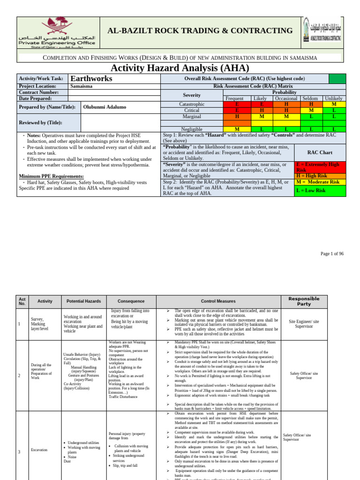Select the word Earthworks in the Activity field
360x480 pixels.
click(x=91, y=78)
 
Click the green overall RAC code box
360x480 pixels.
click(x=337, y=78)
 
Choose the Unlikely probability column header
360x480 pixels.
click(x=334, y=98)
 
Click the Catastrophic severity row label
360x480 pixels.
click(x=192, y=104)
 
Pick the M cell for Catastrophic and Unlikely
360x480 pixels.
click(x=334, y=104)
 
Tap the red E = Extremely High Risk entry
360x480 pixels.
click(x=320, y=168)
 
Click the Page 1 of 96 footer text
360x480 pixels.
click(x=332, y=254)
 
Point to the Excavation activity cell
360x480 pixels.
click(x=39, y=450)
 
